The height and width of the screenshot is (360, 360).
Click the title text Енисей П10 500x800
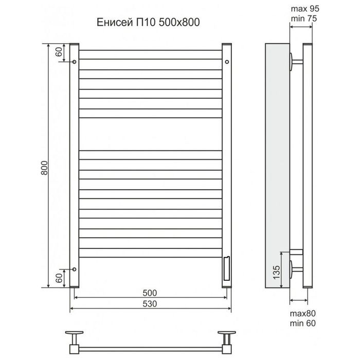pyautogui.click(x=148, y=22)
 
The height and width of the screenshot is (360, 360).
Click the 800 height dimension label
pyautogui.click(x=44, y=168)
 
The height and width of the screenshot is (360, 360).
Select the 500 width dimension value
pyautogui.click(x=150, y=293)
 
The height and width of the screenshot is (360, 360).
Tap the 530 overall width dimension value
pyautogui.click(x=150, y=304)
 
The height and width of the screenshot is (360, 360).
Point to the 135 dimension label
pyautogui.click(x=277, y=272)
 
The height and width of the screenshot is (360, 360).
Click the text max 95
pyautogui.click(x=305, y=9)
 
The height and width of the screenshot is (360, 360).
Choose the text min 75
pyautogui.click(x=304, y=19)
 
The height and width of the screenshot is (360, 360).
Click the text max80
pyautogui.click(x=302, y=313)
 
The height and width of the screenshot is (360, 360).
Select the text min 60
pyautogui.click(x=302, y=323)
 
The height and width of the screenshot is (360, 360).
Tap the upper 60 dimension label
pyautogui.click(x=59, y=51)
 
